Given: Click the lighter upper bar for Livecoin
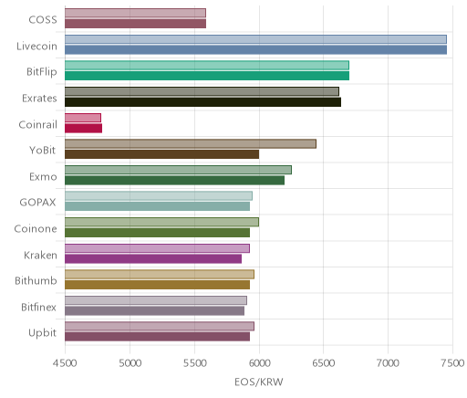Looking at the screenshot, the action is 255,39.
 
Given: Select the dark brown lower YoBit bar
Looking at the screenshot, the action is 161,154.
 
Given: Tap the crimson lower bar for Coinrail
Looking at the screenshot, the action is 83,128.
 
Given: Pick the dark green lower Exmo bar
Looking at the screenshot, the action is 174,180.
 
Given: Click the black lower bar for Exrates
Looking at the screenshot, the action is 202,102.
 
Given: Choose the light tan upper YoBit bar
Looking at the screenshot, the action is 191,144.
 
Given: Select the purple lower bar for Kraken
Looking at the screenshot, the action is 153,258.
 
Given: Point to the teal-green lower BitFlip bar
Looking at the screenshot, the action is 207,76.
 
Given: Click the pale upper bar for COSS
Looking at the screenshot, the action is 135,13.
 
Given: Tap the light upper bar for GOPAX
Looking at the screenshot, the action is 159,196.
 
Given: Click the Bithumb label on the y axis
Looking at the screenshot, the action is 36,280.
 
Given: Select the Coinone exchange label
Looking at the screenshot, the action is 36,228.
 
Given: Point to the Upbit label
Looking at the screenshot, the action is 42,333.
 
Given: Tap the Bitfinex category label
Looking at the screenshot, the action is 38,307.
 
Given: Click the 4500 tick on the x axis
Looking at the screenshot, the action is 65,363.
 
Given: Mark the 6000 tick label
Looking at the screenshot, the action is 259,363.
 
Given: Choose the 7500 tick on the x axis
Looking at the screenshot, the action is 453,363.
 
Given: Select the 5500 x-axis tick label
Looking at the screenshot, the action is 194,363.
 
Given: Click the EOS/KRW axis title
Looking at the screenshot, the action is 259,382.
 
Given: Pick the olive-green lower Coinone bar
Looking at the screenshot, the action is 157,233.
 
